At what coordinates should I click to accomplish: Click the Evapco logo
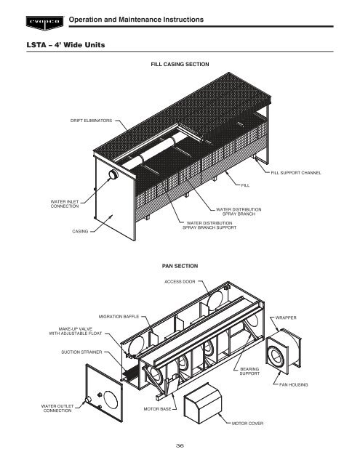pyautogui.click(x=45, y=23)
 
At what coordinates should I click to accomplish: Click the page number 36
pyautogui.click(x=180, y=445)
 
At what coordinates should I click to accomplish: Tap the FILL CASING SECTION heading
pyautogui.click(x=180, y=65)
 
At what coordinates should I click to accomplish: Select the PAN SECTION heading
pyautogui.click(x=180, y=266)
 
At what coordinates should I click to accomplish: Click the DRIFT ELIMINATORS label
pyautogui.click(x=91, y=121)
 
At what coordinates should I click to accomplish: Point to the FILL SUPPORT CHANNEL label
pyautogui.click(x=296, y=173)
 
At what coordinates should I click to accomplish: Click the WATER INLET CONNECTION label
pyautogui.click(x=65, y=204)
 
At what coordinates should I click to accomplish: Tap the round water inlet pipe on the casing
pyautogui.click(x=113, y=174)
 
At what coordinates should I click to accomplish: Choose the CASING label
pyautogui.click(x=80, y=231)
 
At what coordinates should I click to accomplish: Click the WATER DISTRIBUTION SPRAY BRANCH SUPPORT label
pyautogui.click(x=209, y=225)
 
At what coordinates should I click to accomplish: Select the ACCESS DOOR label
pyautogui.click(x=180, y=282)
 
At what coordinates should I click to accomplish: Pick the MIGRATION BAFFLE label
pyautogui.click(x=119, y=317)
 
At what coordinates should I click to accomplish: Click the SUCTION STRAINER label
pyautogui.click(x=81, y=352)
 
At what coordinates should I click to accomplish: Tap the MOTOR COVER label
pyautogui.click(x=247, y=424)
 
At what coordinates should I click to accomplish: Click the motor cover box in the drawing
pyautogui.click(x=203, y=403)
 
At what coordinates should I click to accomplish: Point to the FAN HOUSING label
pyautogui.click(x=294, y=385)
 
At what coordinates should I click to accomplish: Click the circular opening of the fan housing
pyautogui.click(x=276, y=357)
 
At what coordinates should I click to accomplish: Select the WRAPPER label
pyautogui.click(x=286, y=318)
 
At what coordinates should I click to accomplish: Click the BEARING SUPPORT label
pyautogui.click(x=249, y=371)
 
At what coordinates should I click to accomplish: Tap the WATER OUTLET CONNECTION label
pyautogui.click(x=57, y=408)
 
